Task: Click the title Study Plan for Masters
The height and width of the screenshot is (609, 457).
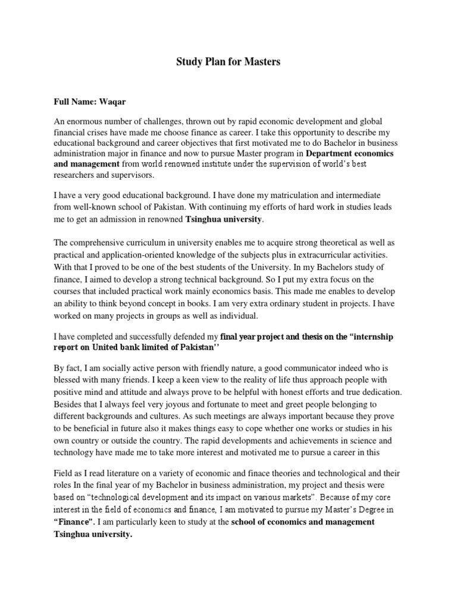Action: click(228, 62)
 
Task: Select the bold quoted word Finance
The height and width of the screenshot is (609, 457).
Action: click(74, 522)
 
